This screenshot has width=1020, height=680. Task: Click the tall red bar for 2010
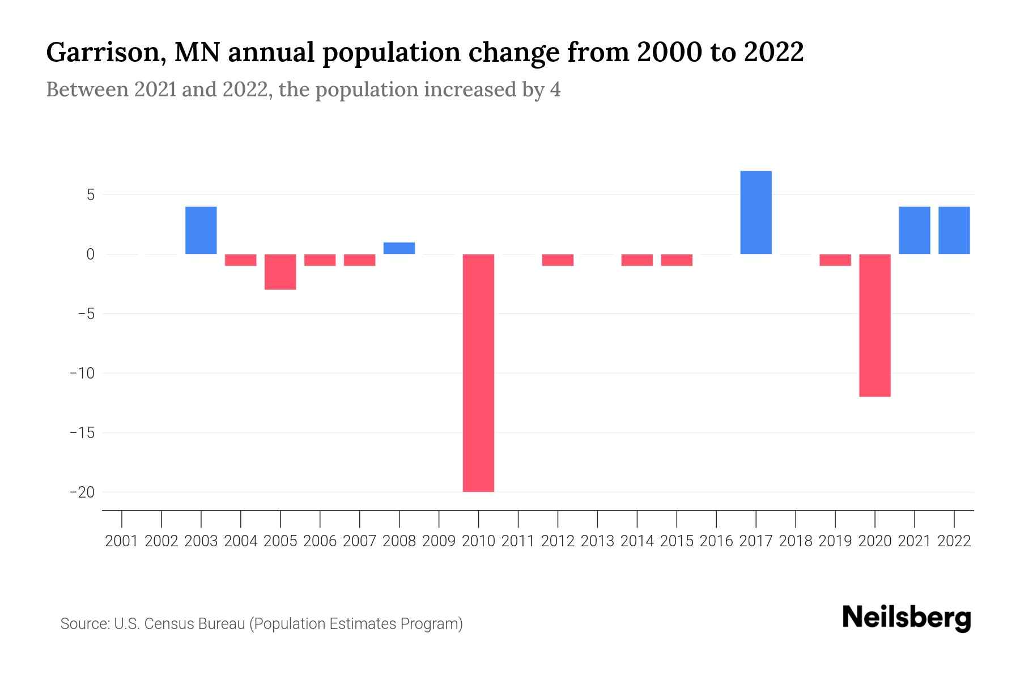point(478,373)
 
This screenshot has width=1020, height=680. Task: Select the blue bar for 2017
point(756,212)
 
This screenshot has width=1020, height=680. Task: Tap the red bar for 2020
point(875,325)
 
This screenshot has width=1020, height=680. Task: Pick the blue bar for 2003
point(201,230)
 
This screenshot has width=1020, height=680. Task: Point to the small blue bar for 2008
point(399,248)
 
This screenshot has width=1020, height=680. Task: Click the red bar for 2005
point(280,272)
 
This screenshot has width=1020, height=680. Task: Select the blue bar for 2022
point(954,230)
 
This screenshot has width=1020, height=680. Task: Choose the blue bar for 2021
point(915,230)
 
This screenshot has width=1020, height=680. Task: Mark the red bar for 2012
point(558,260)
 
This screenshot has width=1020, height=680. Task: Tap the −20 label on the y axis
point(83,492)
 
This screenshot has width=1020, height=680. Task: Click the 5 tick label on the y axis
point(90,195)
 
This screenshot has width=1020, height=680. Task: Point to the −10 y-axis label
point(83,373)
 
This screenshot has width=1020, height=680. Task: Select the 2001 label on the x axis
point(122,541)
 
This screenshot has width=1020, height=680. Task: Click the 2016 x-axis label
point(716,541)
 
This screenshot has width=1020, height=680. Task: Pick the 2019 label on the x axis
point(835,541)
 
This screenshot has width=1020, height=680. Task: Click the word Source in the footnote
point(84,624)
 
